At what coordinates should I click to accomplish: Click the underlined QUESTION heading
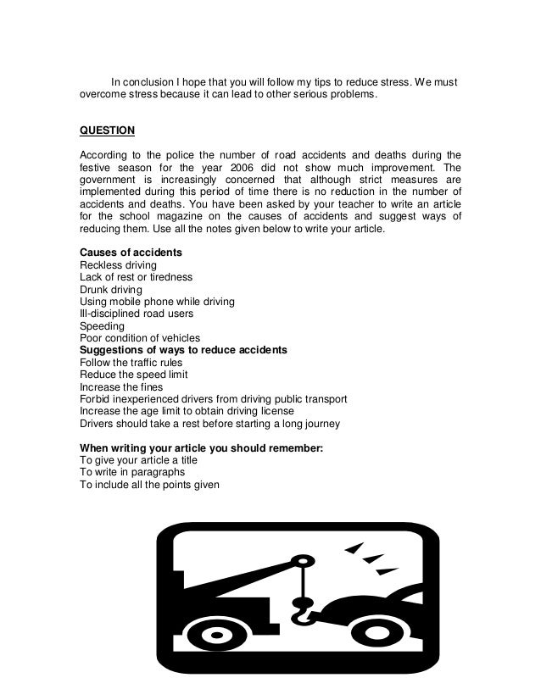coord(106,131)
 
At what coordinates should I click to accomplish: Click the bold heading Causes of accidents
coord(131,253)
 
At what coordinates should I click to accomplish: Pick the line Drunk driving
coord(111,289)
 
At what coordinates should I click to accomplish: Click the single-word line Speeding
coord(102,325)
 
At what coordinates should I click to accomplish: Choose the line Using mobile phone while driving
coord(157,302)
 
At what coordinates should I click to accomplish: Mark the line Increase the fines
coord(121,386)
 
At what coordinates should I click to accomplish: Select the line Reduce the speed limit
coord(133,375)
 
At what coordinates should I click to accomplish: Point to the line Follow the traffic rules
coord(131,362)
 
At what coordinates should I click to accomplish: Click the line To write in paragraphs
coord(131,472)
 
